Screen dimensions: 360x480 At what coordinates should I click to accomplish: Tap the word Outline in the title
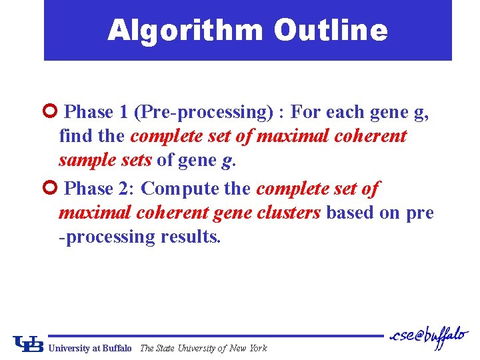tap(330, 31)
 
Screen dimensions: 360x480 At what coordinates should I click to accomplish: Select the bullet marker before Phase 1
tap(54, 111)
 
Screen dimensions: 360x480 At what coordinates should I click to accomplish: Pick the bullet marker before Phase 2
tap(54, 189)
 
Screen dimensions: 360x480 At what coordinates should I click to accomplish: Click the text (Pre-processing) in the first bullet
tap(205, 112)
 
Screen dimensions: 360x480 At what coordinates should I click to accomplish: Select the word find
tap(74, 136)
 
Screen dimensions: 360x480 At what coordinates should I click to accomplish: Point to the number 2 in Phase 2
tap(127, 189)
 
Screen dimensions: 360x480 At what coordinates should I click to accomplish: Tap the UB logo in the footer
tap(29, 343)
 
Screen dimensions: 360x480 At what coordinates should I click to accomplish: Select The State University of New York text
tap(203, 348)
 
